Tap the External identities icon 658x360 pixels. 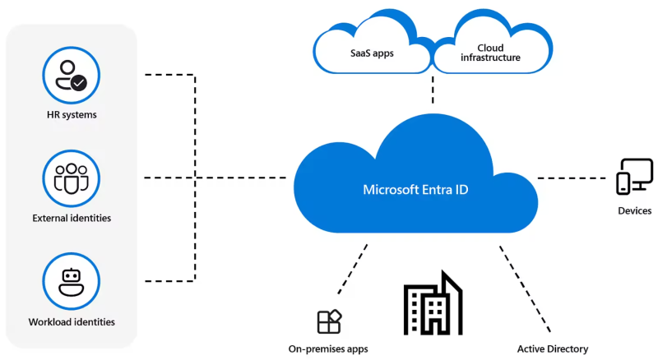(x=72, y=177)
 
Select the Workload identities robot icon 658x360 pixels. (x=72, y=280)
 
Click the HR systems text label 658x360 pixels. (x=72, y=115)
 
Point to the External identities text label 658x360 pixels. (x=72, y=219)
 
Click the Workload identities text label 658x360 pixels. (x=72, y=321)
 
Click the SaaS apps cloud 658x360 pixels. (x=372, y=52)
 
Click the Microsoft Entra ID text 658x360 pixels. (x=416, y=190)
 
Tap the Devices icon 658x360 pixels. (x=634, y=177)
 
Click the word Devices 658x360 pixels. (x=634, y=211)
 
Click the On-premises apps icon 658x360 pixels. (x=329, y=321)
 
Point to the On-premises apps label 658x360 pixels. (x=328, y=348)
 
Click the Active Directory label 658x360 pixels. (x=553, y=348)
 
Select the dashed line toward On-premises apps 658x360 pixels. (x=352, y=271)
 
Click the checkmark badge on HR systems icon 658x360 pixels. (x=79, y=82)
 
